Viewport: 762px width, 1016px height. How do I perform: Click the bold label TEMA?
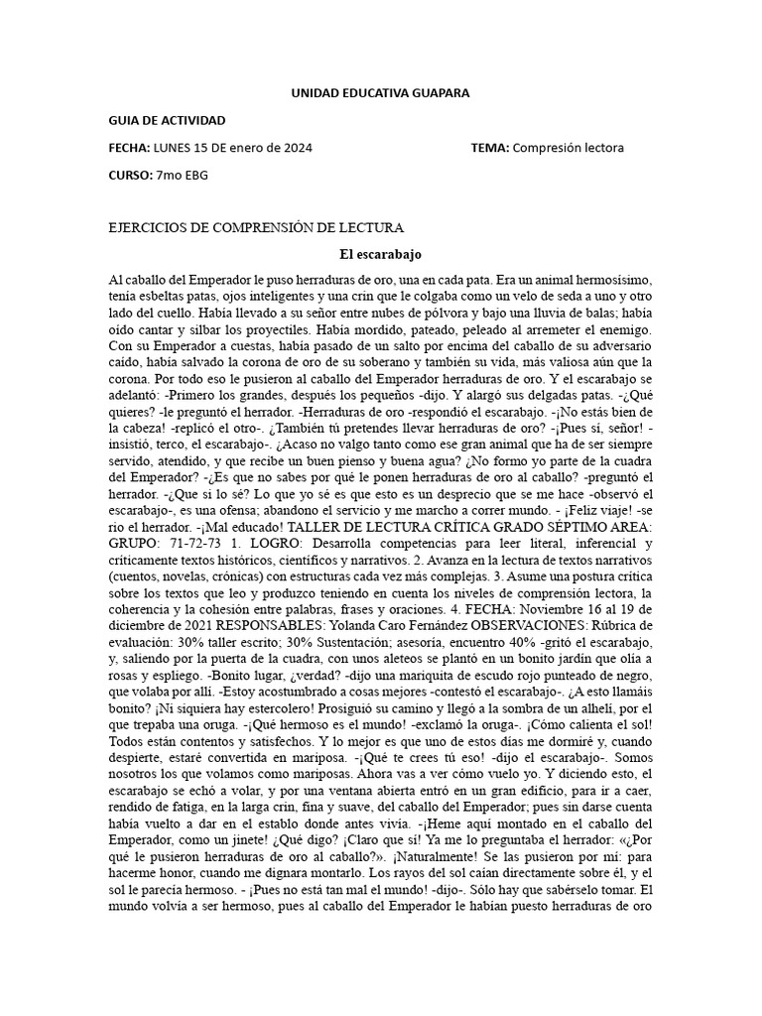pos(491,148)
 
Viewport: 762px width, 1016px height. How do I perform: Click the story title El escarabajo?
pos(380,254)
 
